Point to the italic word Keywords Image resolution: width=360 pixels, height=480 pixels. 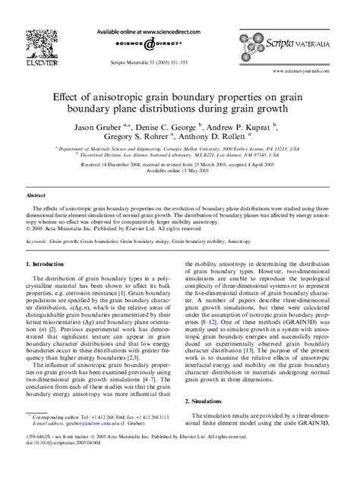coord(36,240)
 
